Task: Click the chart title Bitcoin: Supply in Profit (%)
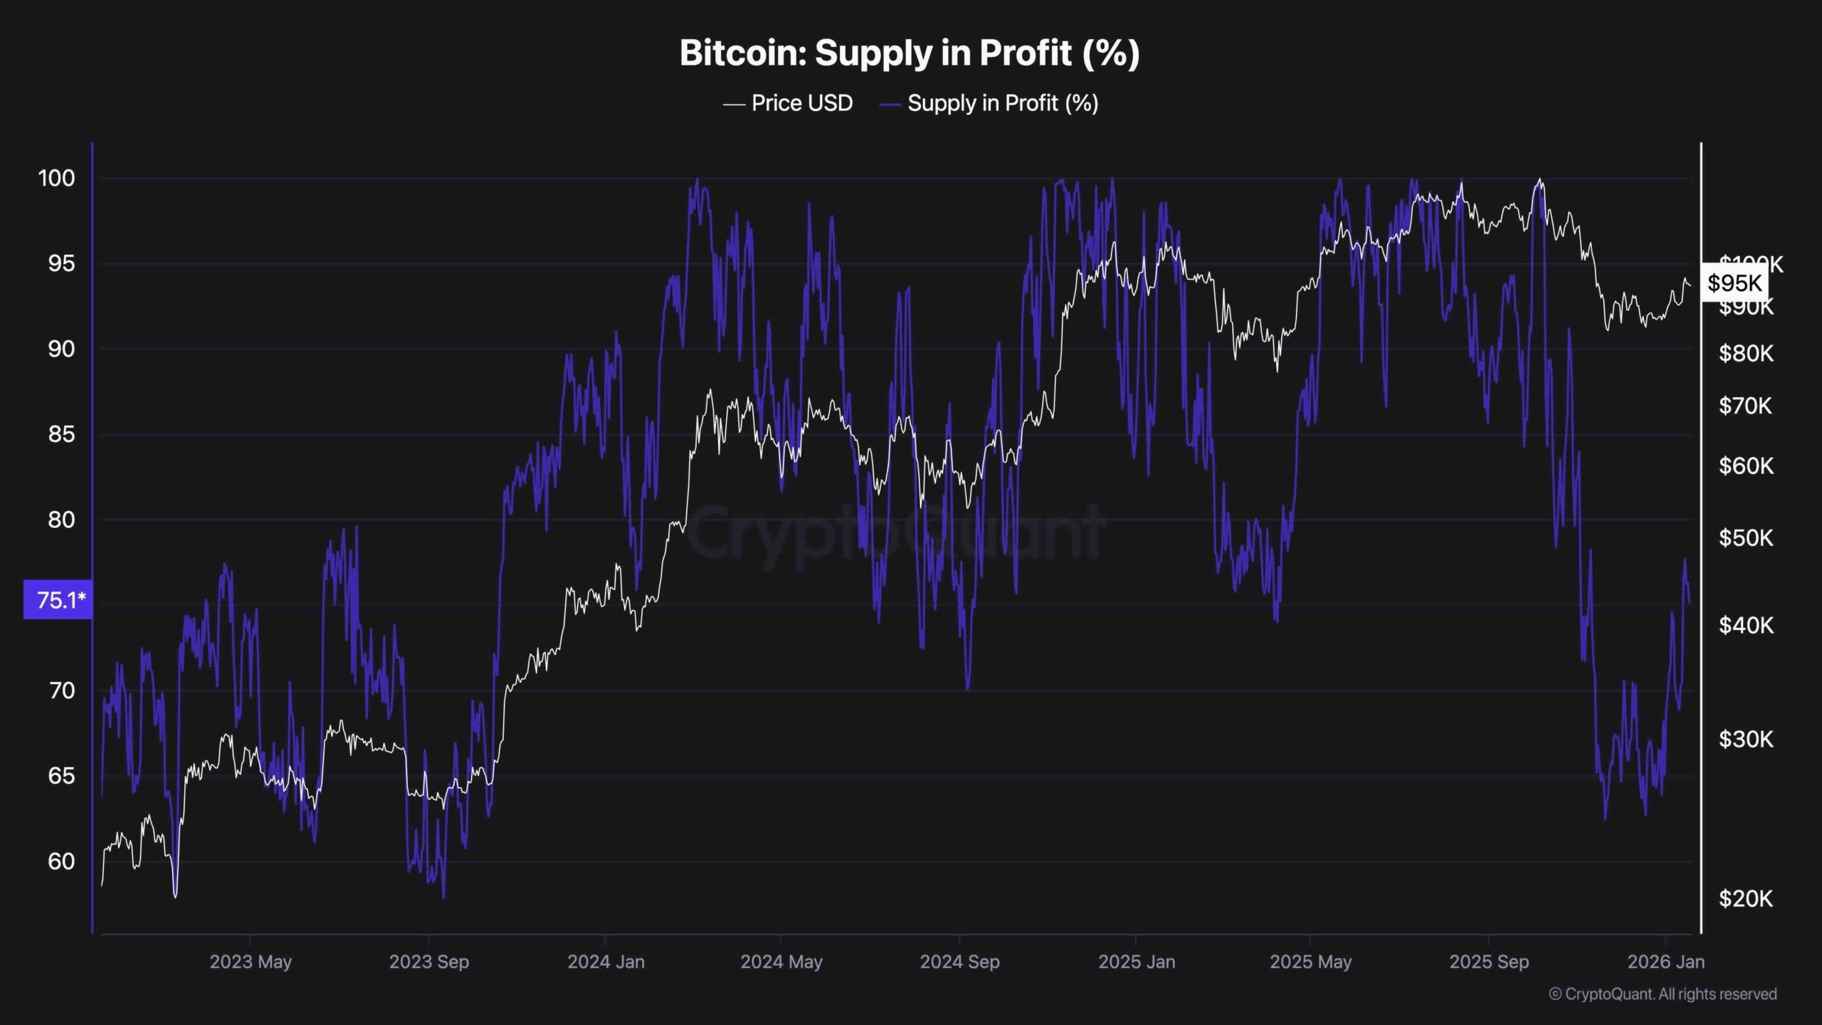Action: pyautogui.click(x=910, y=53)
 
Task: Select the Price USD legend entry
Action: pyautogui.click(x=789, y=103)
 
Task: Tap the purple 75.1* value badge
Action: pyautogui.click(x=58, y=600)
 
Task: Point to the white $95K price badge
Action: pyautogui.click(x=1734, y=283)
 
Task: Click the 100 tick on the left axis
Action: pyautogui.click(x=56, y=178)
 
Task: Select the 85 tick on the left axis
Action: pyautogui.click(x=61, y=434)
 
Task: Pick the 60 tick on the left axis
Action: pyautogui.click(x=61, y=861)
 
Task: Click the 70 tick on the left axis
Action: pyautogui.click(x=61, y=690)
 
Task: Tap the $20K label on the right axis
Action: pyautogui.click(x=1745, y=898)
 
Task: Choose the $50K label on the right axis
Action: pyautogui.click(x=1745, y=537)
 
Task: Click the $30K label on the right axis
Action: pyautogui.click(x=1745, y=739)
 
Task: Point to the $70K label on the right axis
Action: pyautogui.click(x=1745, y=406)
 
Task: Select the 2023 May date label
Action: pyautogui.click(x=251, y=962)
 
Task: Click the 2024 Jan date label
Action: pyautogui.click(x=606, y=962)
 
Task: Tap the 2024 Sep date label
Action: pyautogui.click(x=959, y=962)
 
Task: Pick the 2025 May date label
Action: pyautogui.click(x=1310, y=962)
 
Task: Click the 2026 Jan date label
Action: pyautogui.click(x=1665, y=962)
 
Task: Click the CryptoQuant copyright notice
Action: pyautogui.click(x=1663, y=994)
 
